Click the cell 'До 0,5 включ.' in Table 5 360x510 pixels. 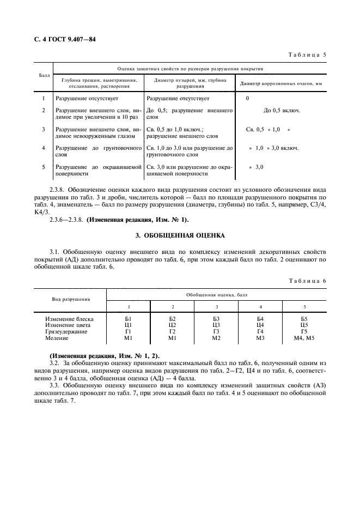(x=282, y=111)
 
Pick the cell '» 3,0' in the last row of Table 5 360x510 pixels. (x=257, y=166)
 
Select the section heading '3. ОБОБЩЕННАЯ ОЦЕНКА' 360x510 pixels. (x=180, y=235)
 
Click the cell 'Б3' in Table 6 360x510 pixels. (x=216, y=318)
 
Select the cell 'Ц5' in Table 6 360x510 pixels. (x=304, y=325)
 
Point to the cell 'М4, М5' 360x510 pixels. (x=304, y=338)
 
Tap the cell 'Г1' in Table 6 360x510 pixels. (x=129, y=331)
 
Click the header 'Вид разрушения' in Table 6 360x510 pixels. (x=71, y=299)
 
